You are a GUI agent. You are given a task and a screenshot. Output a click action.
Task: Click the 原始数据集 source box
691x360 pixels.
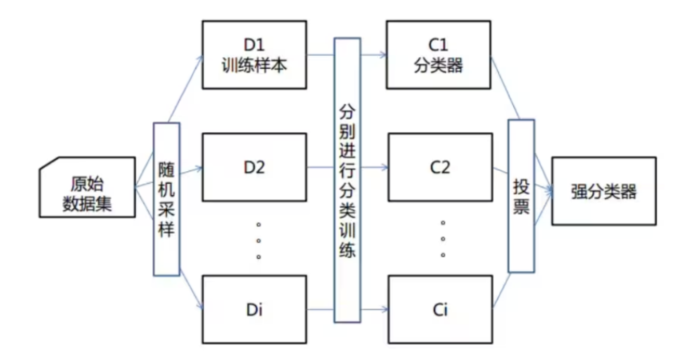click(x=87, y=187)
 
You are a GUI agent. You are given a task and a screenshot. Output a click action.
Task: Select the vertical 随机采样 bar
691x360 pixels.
click(x=166, y=199)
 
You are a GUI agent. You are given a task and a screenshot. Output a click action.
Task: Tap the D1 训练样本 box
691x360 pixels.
click(x=254, y=55)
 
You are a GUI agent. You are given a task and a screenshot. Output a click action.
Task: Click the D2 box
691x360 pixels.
click(x=254, y=167)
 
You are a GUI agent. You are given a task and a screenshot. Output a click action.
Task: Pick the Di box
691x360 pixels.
click(x=254, y=309)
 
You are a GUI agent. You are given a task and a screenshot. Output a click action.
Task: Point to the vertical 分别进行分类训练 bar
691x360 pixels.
click(x=347, y=180)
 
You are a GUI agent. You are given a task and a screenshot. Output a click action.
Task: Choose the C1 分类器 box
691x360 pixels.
click(x=438, y=55)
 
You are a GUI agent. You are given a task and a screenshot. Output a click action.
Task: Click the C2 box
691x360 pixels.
click(x=440, y=167)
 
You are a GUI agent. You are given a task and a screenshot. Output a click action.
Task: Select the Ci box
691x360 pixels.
click(x=440, y=309)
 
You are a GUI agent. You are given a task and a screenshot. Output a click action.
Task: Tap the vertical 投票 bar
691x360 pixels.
click(x=521, y=196)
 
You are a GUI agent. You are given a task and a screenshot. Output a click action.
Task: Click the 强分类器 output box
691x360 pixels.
click(x=603, y=191)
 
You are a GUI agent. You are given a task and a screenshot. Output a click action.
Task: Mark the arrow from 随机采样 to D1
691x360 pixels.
click(x=185, y=88)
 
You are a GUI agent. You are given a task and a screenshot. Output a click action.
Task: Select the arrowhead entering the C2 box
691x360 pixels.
click(x=385, y=167)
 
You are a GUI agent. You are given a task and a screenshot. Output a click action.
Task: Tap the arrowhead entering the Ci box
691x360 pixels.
click(x=385, y=309)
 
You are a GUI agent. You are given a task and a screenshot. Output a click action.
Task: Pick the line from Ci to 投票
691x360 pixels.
click(x=501, y=291)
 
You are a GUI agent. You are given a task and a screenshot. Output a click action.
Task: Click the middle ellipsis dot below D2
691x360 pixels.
click(x=259, y=240)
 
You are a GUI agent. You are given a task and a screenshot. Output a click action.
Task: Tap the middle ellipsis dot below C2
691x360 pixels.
click(x=443, y=239)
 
